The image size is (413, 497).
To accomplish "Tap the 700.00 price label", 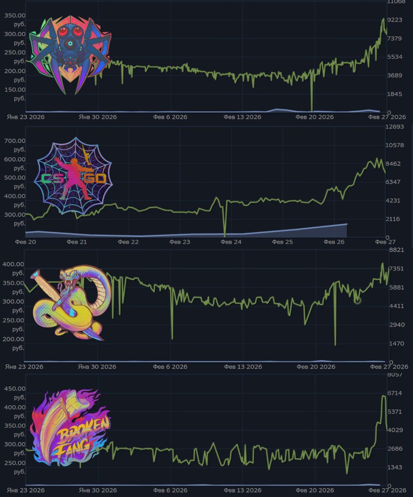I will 15,141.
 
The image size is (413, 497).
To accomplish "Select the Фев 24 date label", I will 231,242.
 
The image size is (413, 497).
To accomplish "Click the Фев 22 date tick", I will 128,242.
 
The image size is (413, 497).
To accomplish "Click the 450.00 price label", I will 15,389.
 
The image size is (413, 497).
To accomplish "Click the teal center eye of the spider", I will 70,43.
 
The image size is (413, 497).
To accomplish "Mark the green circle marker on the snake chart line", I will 357,300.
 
